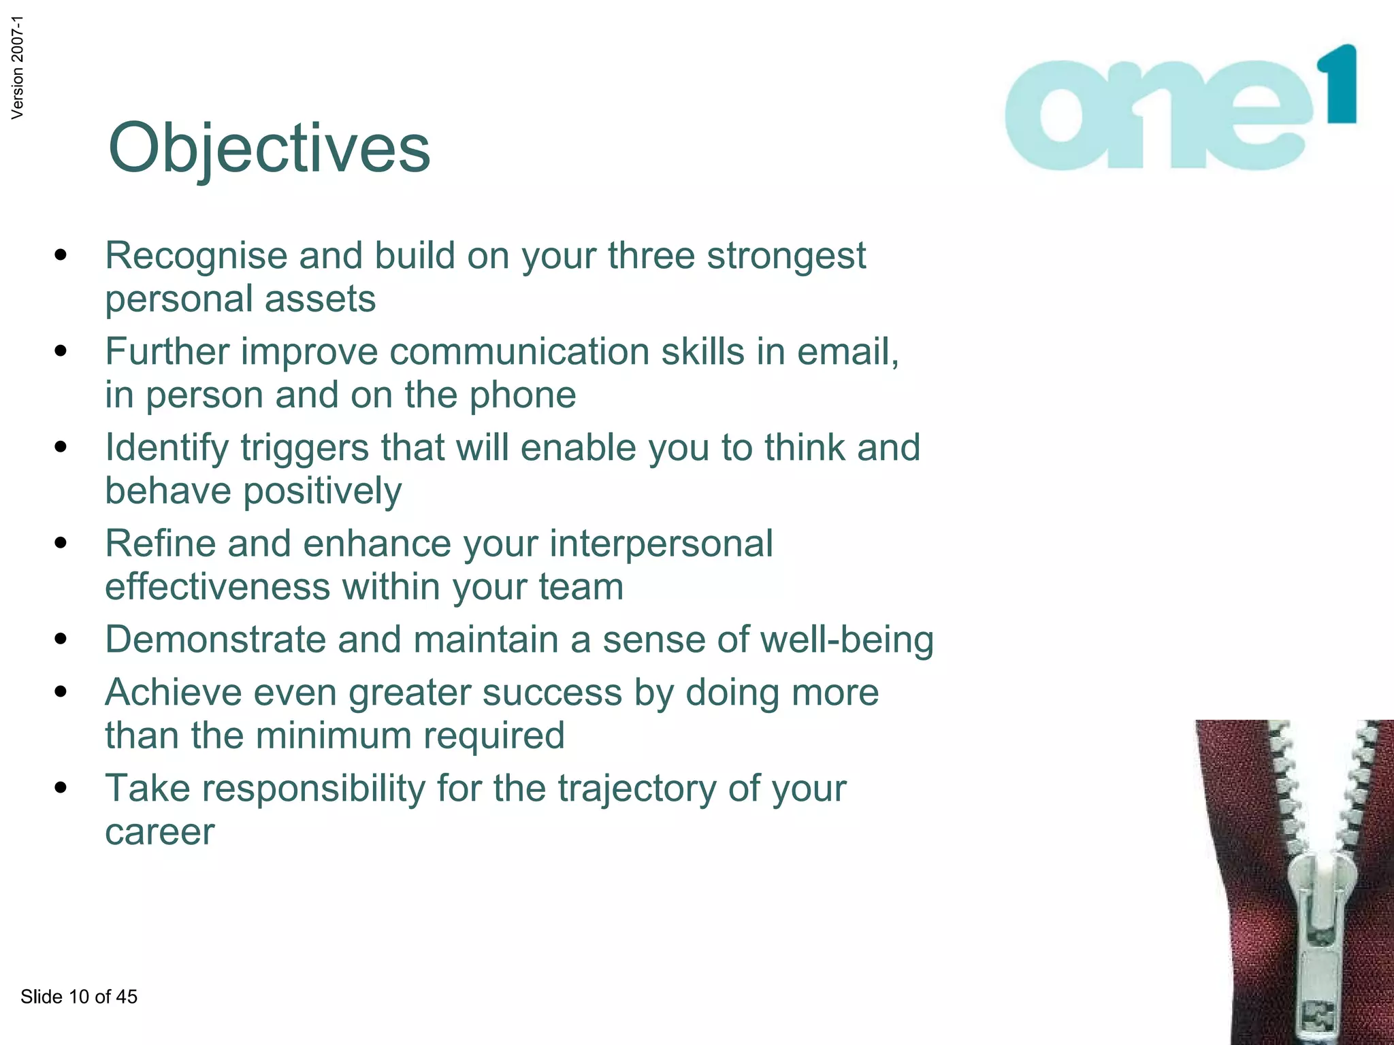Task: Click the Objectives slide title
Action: [x=269, y=148]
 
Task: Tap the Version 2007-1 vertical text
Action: [x=18, y=67]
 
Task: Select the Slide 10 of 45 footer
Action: [x=79, y=997]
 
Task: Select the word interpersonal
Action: [x=661, y=544]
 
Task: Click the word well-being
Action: [x=847, y=640]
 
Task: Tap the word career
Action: [x=159, y=832]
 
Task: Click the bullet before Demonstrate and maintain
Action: [x=61, y=640]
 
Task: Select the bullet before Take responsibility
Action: [x=61, y=788]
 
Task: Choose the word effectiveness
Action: [x=217, y=587]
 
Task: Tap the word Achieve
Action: [x=173, y=693]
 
